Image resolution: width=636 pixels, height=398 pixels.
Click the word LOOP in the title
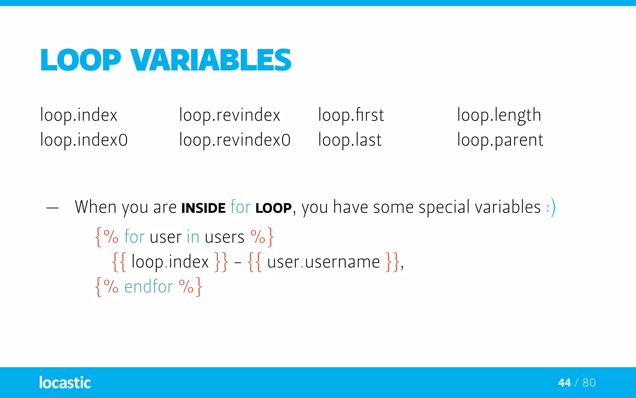(80, 60)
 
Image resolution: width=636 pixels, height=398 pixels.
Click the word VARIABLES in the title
(211, 60)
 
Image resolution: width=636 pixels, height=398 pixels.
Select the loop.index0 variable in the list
(84, 140)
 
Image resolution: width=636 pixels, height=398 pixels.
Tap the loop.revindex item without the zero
(229, 115)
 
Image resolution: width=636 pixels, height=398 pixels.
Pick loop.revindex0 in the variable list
(235, 140)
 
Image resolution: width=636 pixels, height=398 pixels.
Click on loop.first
(351, 115)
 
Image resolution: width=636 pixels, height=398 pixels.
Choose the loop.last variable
(350, 140)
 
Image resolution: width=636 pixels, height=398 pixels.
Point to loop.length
(499, 115)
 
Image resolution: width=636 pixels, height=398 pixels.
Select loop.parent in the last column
(500, 140)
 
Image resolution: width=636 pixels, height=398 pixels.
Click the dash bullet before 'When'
(52, 208)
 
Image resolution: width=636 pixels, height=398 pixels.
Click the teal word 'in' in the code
(193, 237)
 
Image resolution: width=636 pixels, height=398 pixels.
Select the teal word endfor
(148, 287)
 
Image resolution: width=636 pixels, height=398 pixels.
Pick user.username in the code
(323, 262)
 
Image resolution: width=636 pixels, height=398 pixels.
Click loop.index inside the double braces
(170, 262)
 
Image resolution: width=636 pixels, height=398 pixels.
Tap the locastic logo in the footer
(65, 382)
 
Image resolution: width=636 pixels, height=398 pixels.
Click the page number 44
(564, 383)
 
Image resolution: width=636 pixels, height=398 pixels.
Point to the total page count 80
(589, 383)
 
